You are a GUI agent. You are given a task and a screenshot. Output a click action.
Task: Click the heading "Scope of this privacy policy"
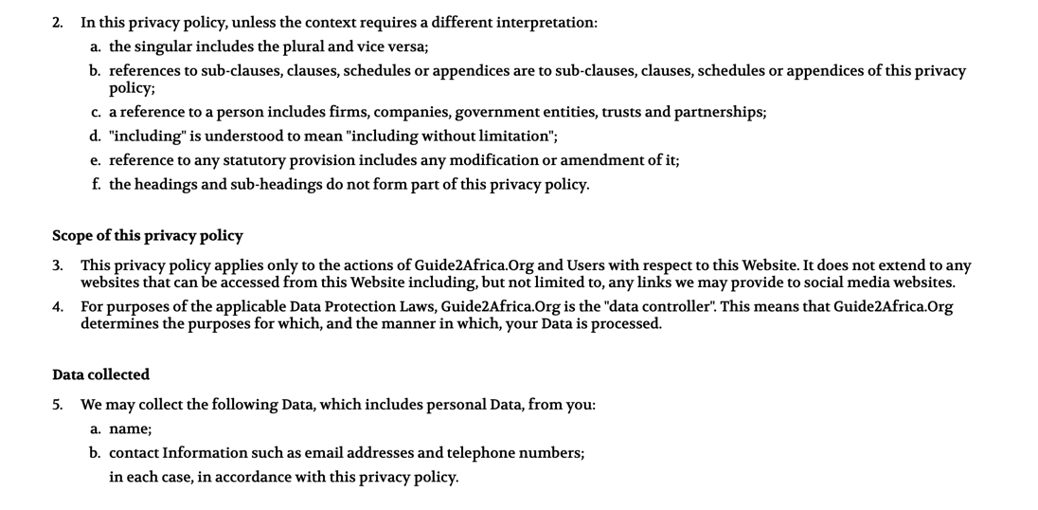click(x=147, y=235)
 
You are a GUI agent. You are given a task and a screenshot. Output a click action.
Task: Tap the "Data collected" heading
click(x=100, y=374)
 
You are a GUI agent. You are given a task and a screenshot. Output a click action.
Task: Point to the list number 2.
click(x=57, y=22)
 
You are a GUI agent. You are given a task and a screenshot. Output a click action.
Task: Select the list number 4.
click(x=57, y=306)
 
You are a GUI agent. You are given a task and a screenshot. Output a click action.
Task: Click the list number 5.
click(x=57, y=405)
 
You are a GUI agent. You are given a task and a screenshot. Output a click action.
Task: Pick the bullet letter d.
click(x=96, y=136)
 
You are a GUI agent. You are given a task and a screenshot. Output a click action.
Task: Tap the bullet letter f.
click(x=96, y=184)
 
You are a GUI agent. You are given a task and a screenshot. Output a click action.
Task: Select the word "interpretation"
click(x=544, y=22)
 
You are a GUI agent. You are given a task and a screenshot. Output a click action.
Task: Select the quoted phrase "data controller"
click(x=657, y=306)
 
